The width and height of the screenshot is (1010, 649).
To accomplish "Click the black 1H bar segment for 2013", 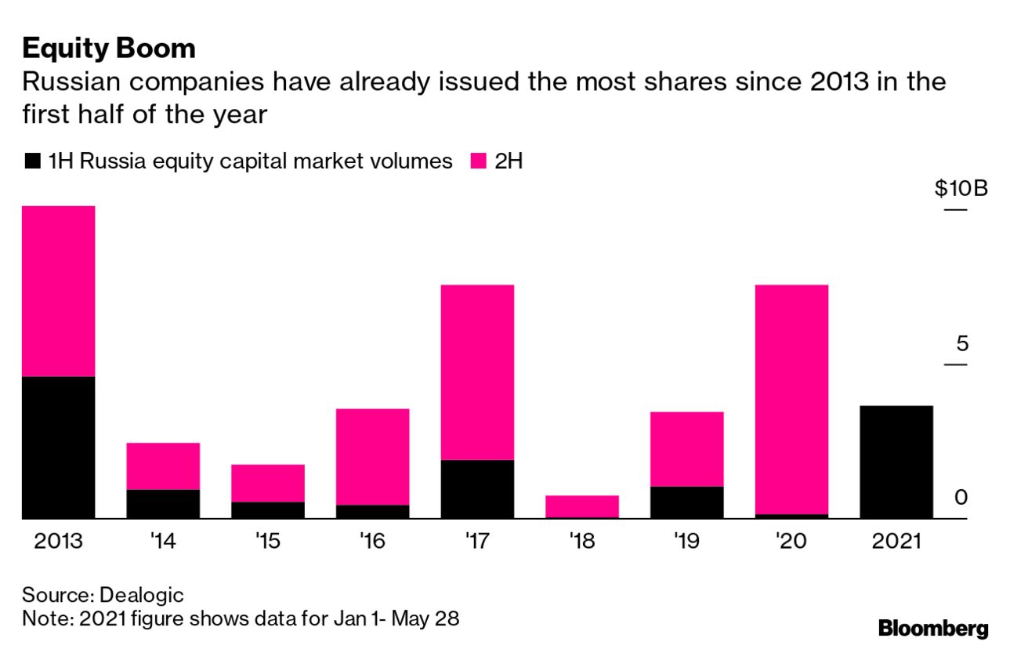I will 59,447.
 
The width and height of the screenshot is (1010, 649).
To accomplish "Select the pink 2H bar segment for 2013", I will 59,291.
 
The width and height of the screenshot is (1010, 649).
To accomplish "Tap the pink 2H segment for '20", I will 791,399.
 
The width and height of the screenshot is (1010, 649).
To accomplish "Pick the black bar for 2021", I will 896,462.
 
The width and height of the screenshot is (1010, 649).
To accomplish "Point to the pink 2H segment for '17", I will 477,372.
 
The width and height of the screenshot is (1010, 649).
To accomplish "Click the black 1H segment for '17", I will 477,488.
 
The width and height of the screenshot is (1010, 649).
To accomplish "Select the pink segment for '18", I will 582,506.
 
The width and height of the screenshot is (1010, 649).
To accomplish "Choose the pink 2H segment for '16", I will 372,456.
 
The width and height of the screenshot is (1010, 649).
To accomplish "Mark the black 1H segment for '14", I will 163,503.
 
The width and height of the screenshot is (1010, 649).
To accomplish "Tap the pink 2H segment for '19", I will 686,448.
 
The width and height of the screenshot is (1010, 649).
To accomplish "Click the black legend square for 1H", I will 32,162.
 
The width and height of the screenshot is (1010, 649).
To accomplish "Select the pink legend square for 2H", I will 477,162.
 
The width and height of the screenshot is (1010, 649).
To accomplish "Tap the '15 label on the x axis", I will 268,542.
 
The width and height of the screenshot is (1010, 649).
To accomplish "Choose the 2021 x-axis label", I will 896,542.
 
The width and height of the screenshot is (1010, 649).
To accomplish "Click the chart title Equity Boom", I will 109,49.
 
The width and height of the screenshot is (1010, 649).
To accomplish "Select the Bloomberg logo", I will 932,628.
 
